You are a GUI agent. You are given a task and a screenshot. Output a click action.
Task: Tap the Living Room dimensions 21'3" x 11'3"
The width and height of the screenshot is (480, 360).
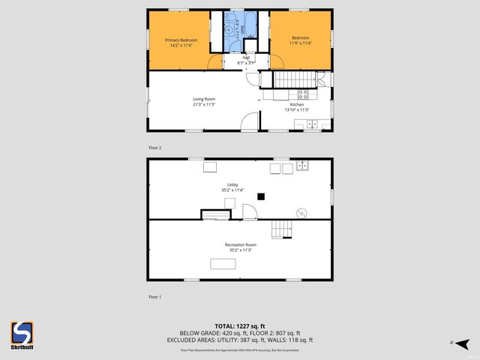[x=203, y=104]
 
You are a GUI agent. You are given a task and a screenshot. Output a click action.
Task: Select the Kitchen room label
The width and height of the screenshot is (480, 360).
[x=297, y=105]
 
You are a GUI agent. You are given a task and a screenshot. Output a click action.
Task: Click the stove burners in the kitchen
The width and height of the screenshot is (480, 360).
[x=304, y=94]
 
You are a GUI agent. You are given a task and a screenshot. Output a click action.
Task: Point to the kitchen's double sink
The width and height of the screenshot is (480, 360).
[x=314, y=124]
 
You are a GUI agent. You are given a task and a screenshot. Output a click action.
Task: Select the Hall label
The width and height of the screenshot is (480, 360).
[x=246, y=58]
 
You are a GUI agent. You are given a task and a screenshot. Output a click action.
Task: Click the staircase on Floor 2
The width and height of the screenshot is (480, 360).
[x=292, y=79]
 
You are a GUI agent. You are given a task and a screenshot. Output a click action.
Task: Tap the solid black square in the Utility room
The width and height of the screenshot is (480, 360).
[x=260, y=196]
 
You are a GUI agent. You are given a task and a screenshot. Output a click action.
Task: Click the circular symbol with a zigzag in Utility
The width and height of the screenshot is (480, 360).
[x=301, y=212]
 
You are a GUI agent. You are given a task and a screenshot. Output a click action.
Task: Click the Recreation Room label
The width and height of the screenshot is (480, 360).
[x=240, y=245]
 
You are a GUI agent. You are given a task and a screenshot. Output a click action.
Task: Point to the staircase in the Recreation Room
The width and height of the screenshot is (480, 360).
[x=281, y=229]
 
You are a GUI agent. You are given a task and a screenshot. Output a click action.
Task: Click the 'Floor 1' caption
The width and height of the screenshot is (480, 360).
[x=154, y=297]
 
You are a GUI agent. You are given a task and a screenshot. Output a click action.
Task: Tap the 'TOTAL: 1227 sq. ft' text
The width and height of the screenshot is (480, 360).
[x=239, y=325]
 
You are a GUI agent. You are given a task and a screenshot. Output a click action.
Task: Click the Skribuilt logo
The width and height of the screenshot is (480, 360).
[x=22, y=334]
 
